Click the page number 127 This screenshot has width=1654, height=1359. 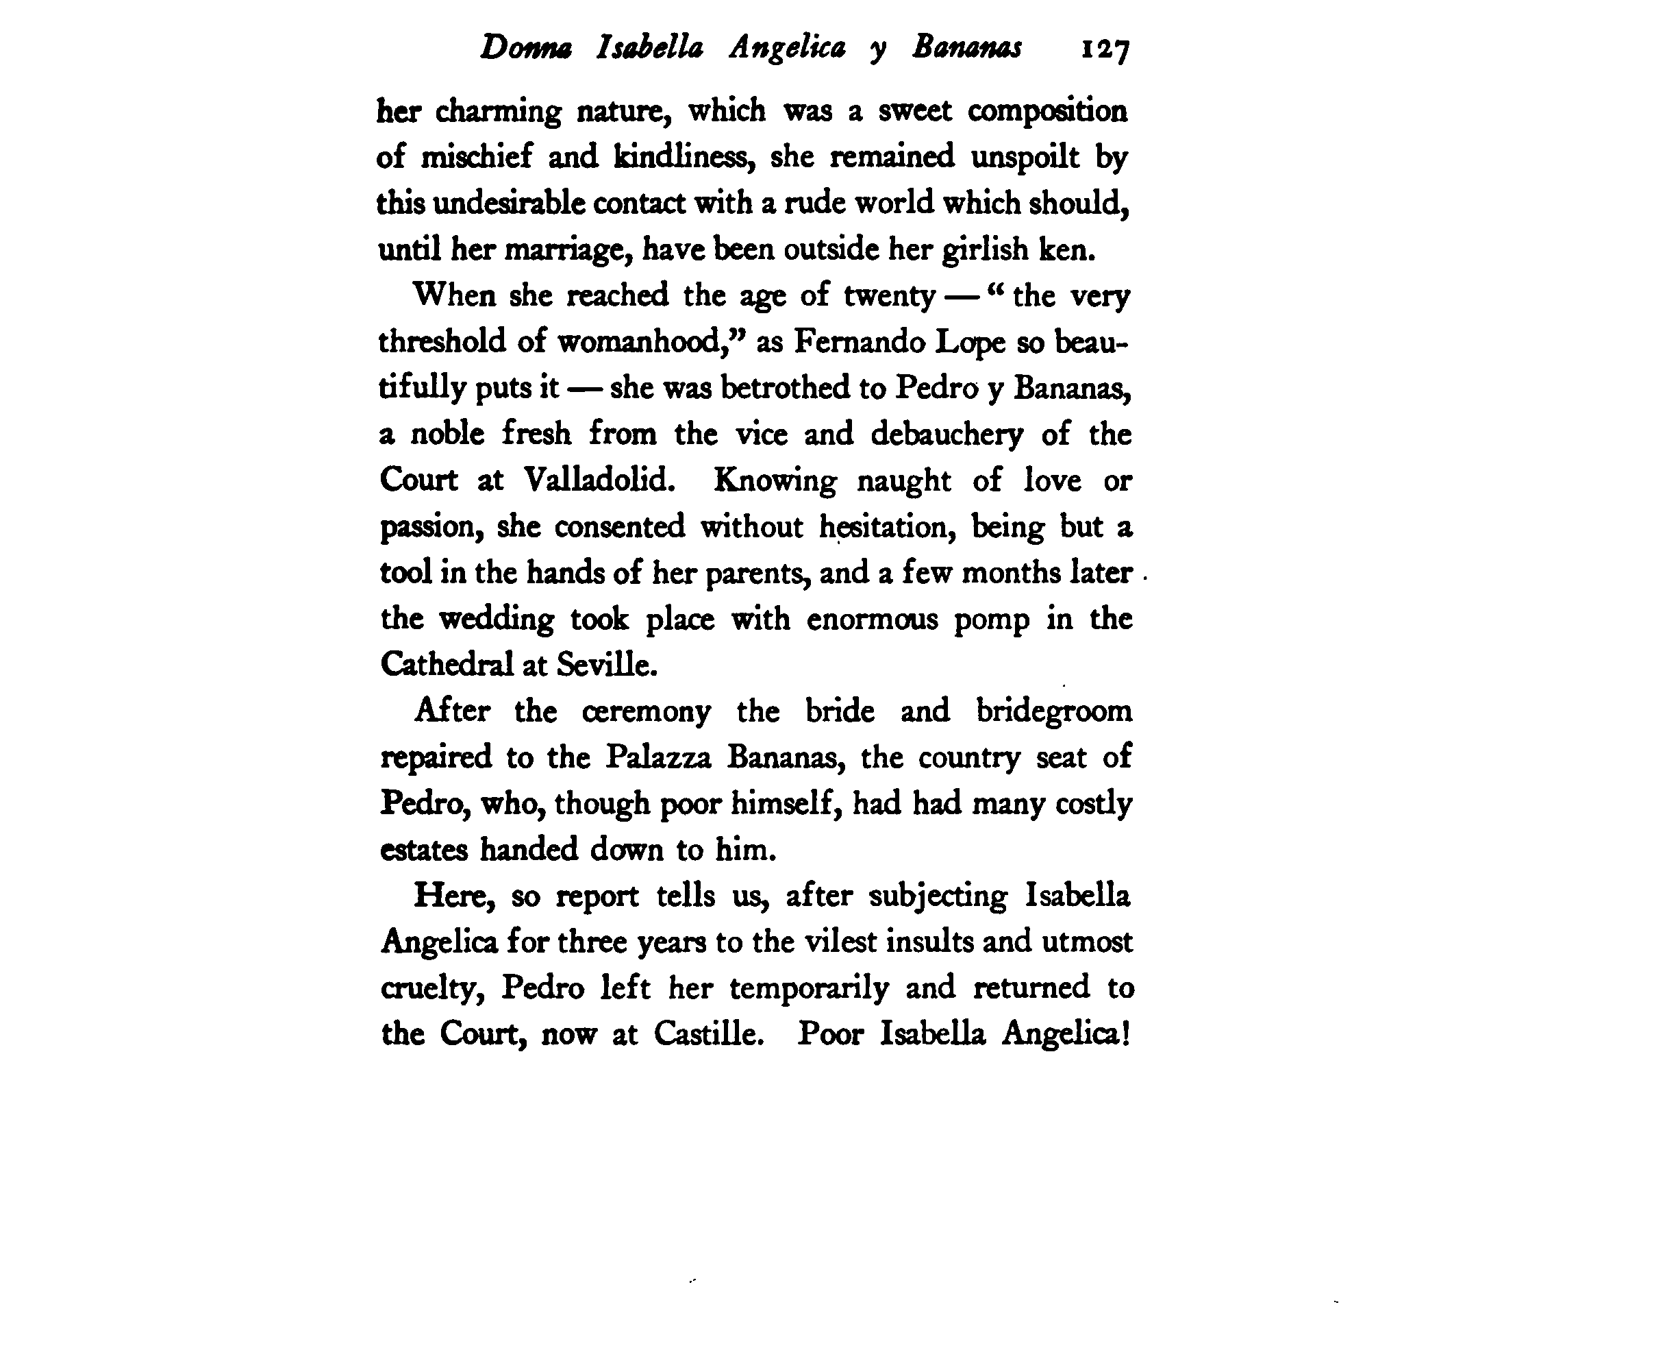[1105, 50]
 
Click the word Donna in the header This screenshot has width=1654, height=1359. [525, 49]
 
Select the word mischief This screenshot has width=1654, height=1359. [477, 156]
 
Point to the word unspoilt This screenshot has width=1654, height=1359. [1025, 156]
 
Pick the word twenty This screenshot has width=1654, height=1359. [889, 296]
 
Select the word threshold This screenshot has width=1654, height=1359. [442, 342]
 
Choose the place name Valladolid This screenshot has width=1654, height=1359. [599, 479]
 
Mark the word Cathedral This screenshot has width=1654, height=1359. [447, 665]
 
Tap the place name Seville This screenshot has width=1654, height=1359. [606, 665]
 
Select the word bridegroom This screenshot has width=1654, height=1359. [1053, 711]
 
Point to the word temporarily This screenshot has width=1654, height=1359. [809, 988]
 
